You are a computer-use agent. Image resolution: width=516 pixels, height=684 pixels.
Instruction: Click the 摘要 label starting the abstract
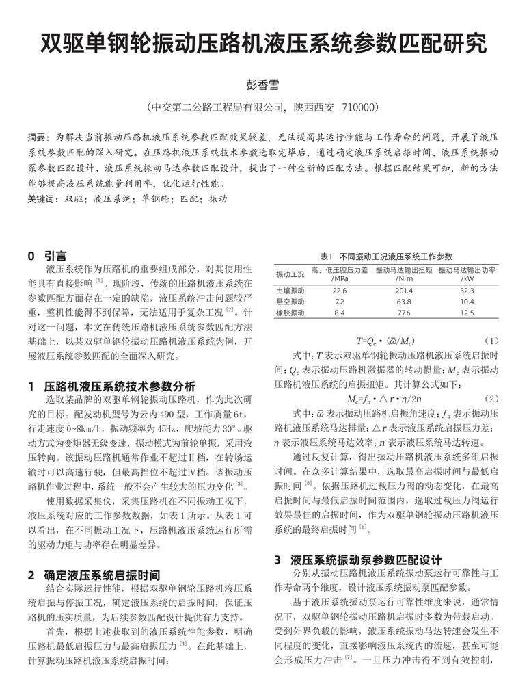[x=39, y=137]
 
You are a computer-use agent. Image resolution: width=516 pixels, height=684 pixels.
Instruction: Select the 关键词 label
[x=42, y=200]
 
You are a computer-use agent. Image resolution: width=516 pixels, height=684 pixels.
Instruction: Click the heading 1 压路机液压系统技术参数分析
[x=111, y=386]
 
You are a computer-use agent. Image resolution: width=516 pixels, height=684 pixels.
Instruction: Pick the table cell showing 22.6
[x=340, y=291]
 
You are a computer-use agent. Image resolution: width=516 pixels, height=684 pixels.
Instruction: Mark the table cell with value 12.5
[x=467, y=313]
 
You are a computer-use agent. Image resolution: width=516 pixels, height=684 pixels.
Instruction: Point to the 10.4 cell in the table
[x=467, y=302]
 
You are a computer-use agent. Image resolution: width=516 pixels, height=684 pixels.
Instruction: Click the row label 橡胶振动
[x=290, y=313]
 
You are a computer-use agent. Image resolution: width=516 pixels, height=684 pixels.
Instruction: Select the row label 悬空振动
[x=290, y=302]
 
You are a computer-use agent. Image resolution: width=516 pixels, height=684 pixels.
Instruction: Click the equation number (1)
[x=492, y=340]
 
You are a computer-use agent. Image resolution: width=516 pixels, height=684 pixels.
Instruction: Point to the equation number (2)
[x=492, y=398]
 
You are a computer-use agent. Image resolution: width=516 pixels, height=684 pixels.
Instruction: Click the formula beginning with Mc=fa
[x=384, y=398]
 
